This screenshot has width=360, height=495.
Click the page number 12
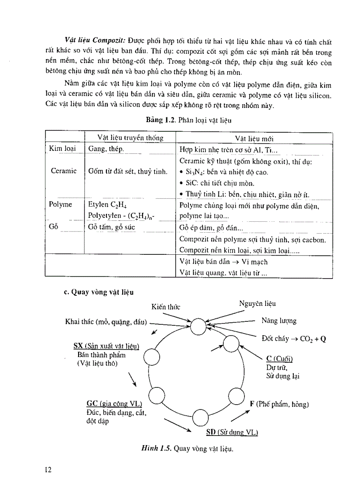(x=48, y=469)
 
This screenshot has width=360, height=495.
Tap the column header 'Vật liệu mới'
(x=254, y=138)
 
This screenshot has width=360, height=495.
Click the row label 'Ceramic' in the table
(x=64, y=171)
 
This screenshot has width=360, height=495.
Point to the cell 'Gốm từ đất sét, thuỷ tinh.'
(x=127, y=171)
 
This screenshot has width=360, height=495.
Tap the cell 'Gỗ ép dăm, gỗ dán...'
(x=211, y=228)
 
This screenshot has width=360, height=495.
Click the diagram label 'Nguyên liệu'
(x=258, y=304)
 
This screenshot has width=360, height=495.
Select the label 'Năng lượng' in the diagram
(x=279, y=321)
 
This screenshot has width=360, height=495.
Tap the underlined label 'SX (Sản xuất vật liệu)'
(x=106, y=346)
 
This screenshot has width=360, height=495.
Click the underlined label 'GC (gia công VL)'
(x=114, y=404)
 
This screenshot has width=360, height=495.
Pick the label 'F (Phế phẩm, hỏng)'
(x=279, y=404)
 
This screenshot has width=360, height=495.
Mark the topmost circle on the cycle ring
(x=199, y=327)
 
